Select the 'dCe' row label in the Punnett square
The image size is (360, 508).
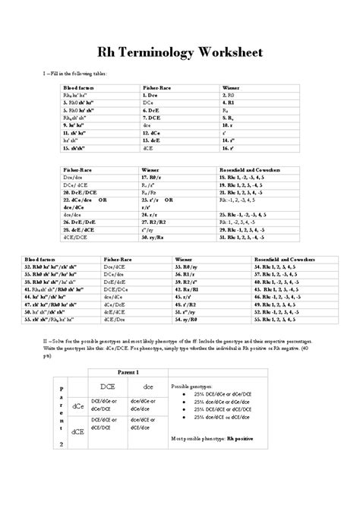(78, 406)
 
